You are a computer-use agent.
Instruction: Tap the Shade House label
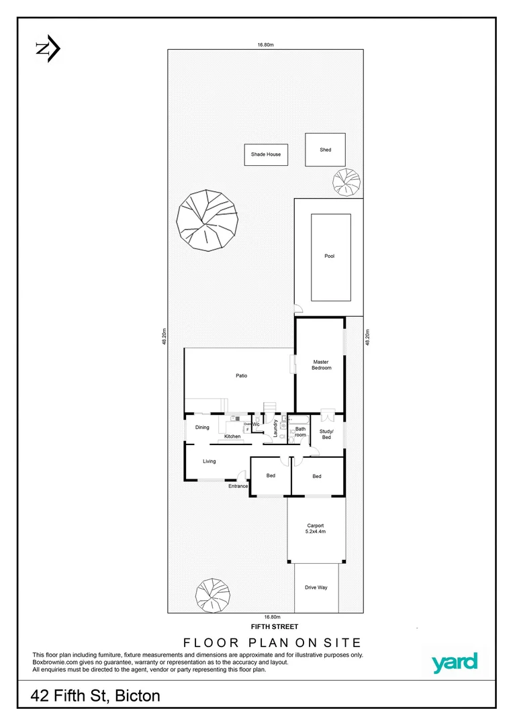[266, 154]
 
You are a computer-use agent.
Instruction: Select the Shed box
[326, 150]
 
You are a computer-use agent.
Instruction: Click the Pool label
[329, 256]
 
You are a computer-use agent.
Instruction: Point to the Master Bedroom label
[321, 365]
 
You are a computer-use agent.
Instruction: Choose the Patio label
[241, 375]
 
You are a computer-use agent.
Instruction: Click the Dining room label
[202, 428]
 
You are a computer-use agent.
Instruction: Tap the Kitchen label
[232, 437]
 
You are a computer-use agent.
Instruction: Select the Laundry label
[275, 429]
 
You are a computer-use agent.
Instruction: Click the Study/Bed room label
[326, 434]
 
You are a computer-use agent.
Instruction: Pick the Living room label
[209, 461]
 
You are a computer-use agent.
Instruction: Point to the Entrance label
[238, 486]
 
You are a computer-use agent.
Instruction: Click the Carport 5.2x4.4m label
[316, 528]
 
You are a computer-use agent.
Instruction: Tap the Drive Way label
[316, 587]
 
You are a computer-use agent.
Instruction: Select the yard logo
[454, 663]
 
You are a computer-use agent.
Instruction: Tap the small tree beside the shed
[346, 181]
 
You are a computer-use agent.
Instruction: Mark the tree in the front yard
[214, 594]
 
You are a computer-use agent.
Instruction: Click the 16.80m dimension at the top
[266, 45]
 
